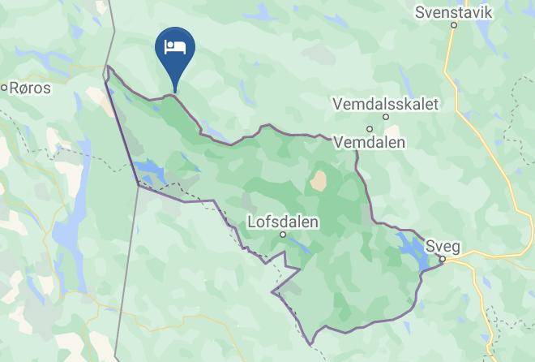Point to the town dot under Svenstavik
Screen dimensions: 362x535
coord(454,25)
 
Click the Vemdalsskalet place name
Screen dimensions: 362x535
coord(385,104)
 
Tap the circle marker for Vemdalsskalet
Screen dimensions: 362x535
coord(387,117)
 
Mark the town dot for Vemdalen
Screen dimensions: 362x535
coord(369,128)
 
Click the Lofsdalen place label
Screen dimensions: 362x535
coord(283,221)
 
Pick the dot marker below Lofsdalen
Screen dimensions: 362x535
coord(283,235)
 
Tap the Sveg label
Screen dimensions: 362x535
coord(440,244)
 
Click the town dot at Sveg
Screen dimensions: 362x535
coord(443,259)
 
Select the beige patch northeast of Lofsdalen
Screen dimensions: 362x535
coord(318,180)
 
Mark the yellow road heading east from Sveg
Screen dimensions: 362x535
coord(494,256)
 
